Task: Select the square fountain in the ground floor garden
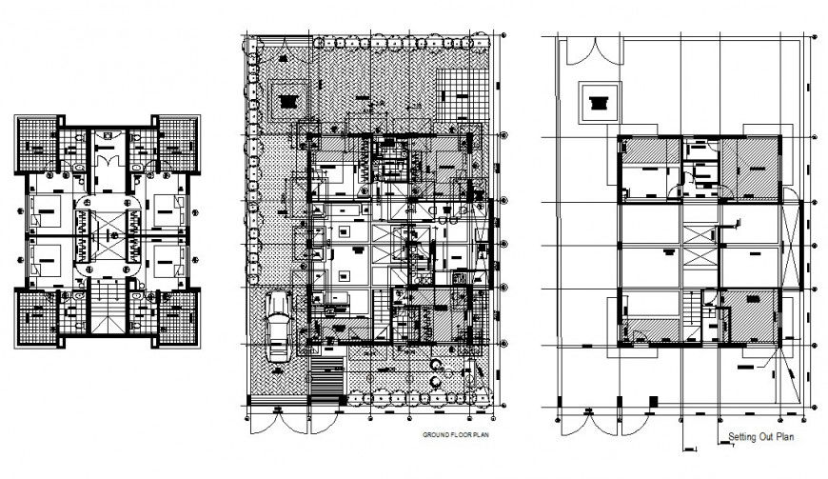(289, 97)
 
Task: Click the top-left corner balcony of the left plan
(36, 142)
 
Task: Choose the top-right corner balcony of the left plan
(178, 142)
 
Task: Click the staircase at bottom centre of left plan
(107, 309)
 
